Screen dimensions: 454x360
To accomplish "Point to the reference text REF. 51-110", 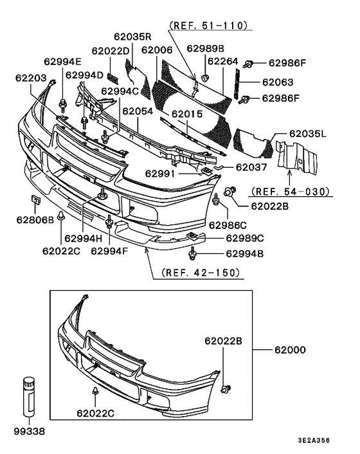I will (x=208, y=26).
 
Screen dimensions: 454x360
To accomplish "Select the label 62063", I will (x=278, y=82).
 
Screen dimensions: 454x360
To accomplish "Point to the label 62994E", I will (x=63, y=62).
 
